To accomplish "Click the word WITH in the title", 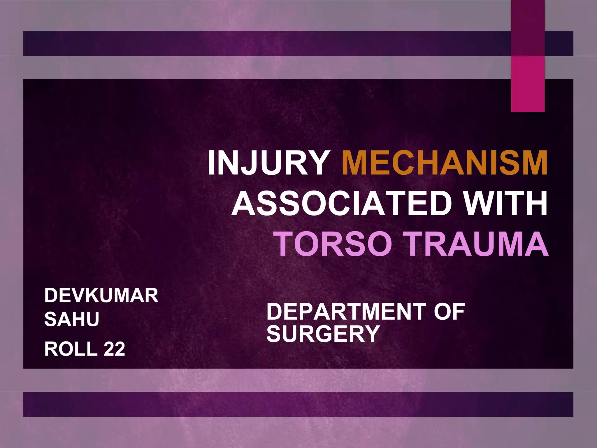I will click(506, 203).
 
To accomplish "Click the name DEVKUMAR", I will click(101, 295).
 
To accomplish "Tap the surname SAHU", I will click(72, 319).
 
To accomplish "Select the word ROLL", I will click(70, 349).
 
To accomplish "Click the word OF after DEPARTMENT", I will click(449, 311).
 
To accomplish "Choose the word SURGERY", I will click(323, 334).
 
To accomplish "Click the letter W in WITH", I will click(478, 203).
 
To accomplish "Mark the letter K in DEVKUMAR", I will click(92, 295).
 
